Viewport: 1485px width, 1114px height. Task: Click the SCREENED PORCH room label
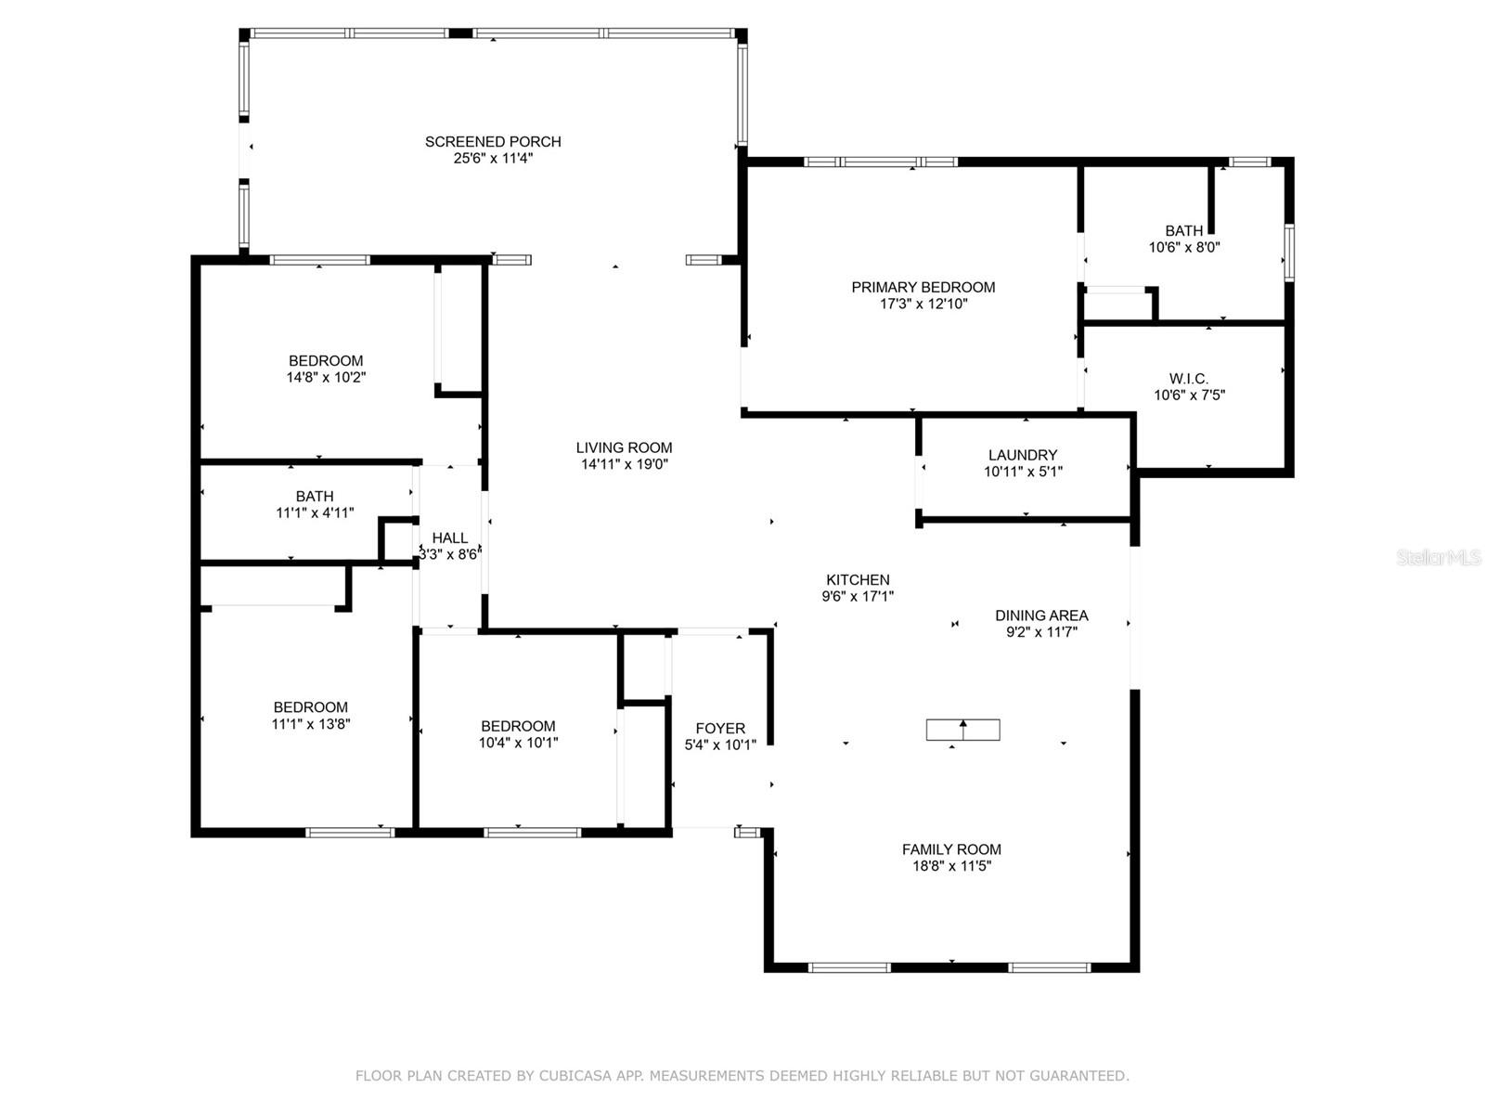493,142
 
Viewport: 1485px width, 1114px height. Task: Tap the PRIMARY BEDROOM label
923,288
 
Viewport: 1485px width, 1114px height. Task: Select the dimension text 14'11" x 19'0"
624,464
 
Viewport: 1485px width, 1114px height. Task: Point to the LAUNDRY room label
1022,455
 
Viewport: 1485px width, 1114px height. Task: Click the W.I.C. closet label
1188,379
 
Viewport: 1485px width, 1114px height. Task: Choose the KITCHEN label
857,580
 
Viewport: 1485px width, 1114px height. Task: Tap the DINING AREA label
1041,615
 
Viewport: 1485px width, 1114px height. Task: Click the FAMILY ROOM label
951,849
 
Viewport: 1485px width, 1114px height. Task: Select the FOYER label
720,729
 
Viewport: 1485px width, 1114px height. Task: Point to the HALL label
450,538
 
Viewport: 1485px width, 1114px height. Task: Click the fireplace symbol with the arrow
962,730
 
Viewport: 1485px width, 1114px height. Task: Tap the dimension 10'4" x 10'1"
518,743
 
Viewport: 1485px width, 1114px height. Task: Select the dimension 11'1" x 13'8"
310,724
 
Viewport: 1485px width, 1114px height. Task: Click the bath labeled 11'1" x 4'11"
315,497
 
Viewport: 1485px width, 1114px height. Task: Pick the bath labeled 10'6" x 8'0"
1183,231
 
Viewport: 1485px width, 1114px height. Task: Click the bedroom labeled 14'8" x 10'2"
326,361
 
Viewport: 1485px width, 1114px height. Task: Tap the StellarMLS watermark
1439,558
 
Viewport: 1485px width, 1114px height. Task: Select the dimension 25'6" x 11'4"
493,159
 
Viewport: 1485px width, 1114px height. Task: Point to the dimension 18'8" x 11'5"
951,866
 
